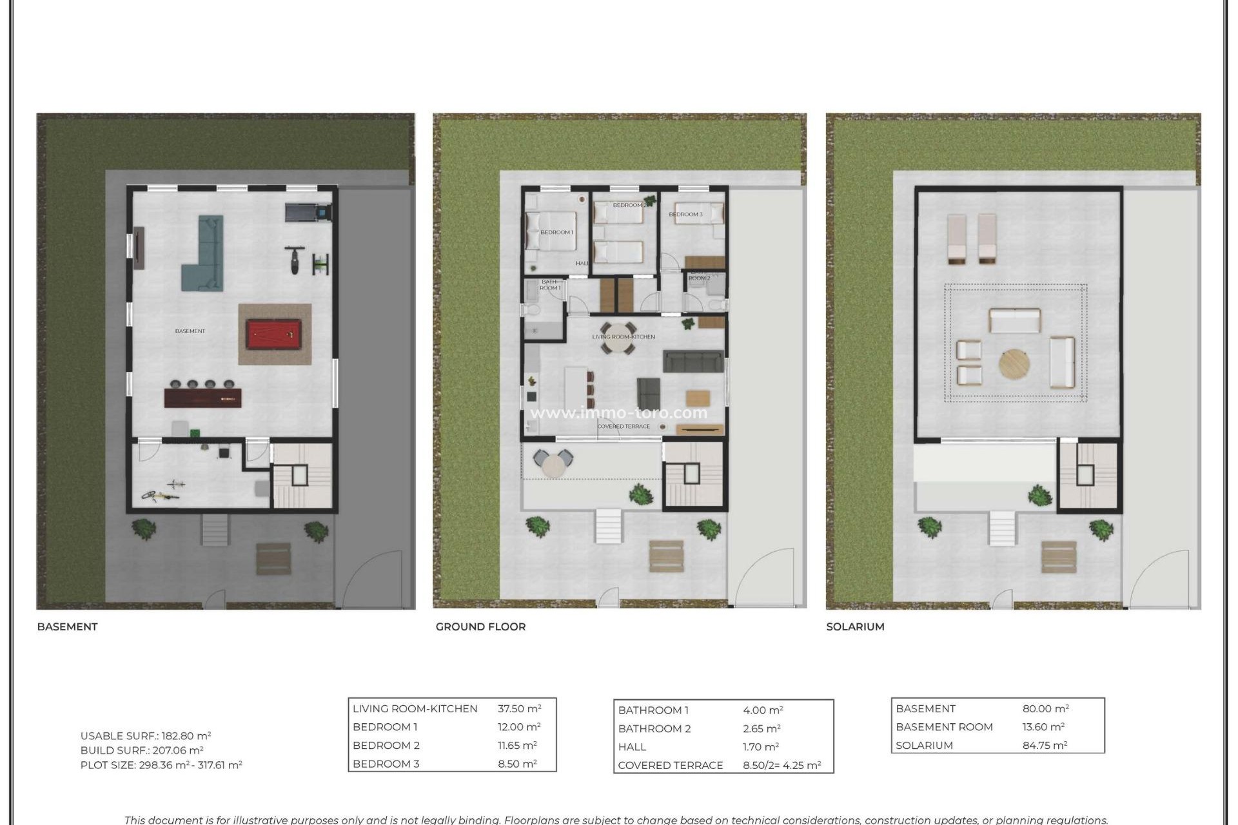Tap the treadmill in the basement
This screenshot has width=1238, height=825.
(x=308, y=211)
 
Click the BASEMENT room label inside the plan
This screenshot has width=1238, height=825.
(x=190, y=331)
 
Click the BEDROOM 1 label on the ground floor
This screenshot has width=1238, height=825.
(x=556, y=232)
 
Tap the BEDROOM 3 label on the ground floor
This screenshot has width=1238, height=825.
(x=685, y=214)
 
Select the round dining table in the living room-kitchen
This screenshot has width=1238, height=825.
(x=618, y=338)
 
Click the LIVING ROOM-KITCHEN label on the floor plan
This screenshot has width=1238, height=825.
(x=624, y=336)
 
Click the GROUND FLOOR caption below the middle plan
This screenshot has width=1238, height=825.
(x=480, y=626)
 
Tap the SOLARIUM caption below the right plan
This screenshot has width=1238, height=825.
(x=855, y=626)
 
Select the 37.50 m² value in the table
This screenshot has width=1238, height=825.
(x=519, y=708)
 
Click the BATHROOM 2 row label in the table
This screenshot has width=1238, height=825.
(x=654, y=728)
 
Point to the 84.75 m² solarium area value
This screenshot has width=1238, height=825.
(x=1045, y=745)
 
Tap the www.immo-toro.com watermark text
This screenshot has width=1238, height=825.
(x=618, y=412)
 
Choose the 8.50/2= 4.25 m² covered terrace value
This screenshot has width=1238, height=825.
(x=781, y=765)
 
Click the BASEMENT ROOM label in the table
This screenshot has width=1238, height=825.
(x=944, y=726)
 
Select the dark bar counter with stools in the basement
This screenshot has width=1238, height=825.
(x=202, y=397)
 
